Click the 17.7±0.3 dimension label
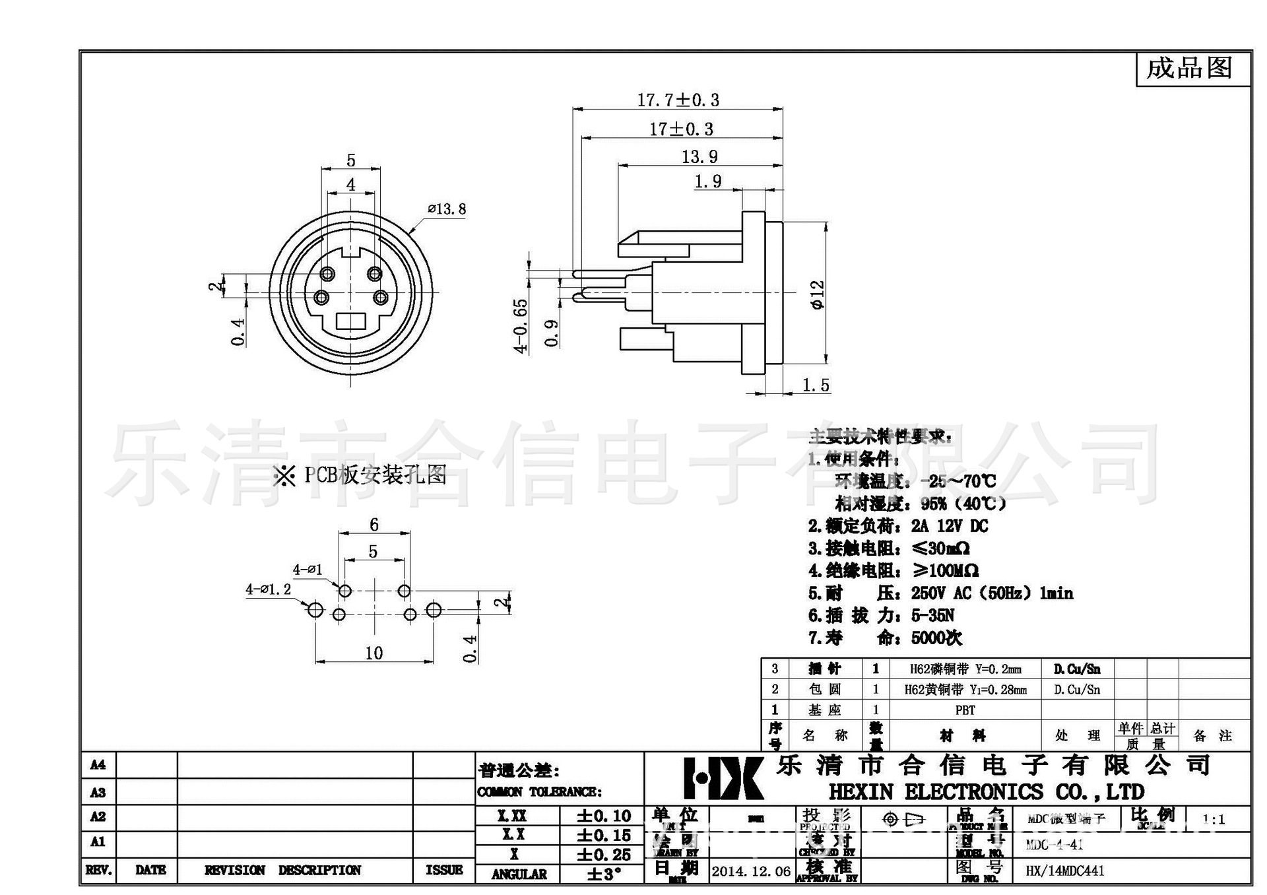(x=678, y=100)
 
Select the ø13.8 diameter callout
(x=447, y=209)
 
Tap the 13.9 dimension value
(x=699, y=157)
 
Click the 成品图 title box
(x=1189, y=68)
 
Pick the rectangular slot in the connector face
(x=350, y=321)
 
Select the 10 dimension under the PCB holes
(x=374, y=653)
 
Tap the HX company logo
(x=723, y=778)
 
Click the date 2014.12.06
(x=751, y=871)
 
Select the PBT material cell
(x=965, y=710)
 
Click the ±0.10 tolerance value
(x=604, y=816)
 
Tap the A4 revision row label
(x=98, y=765)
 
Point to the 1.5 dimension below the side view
(x=816, y=385)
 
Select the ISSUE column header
(x=443, y=870)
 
